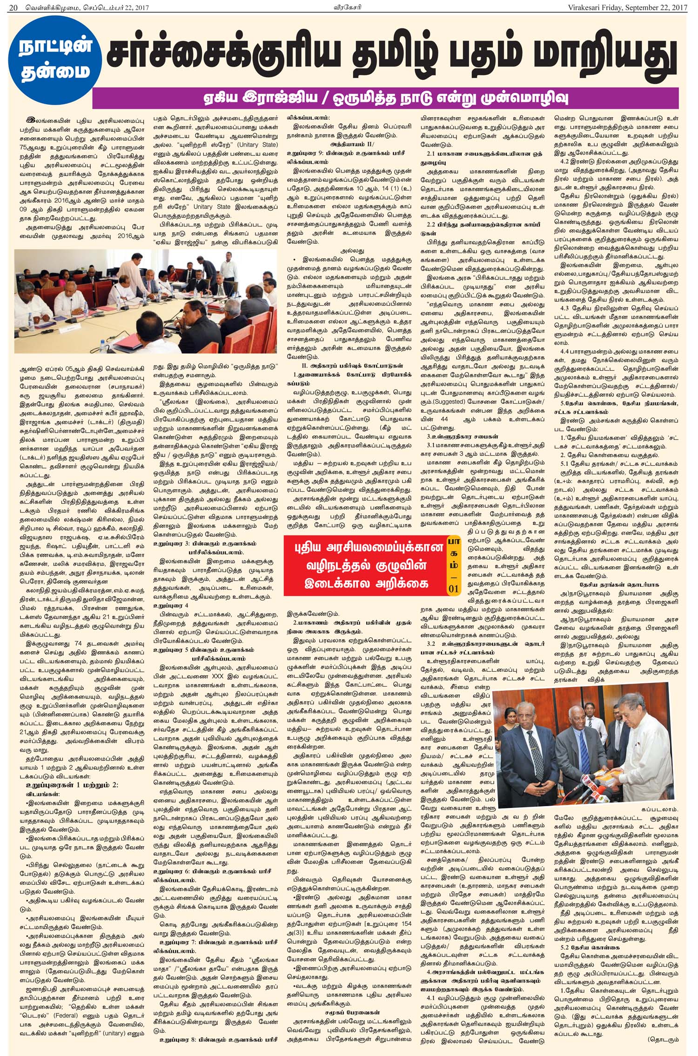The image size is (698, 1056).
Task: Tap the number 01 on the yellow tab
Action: point(453,588)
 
